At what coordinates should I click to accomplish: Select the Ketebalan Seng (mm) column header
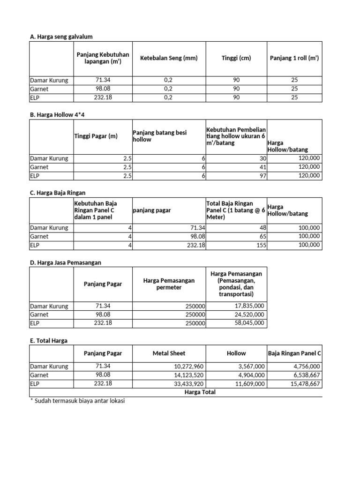pos(169,58)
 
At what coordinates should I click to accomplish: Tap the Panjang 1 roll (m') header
pos(294,58)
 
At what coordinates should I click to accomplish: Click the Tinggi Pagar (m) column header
pos(96,136)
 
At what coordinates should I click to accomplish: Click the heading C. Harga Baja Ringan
pos(58,193)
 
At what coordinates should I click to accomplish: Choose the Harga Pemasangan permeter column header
pos(169,284)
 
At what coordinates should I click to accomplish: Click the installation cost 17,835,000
pos(249,306)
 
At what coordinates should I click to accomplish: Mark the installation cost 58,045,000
pos(249,323)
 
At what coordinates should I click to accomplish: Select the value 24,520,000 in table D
pos(249,315)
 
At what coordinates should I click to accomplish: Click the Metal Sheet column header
pos(169,353)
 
